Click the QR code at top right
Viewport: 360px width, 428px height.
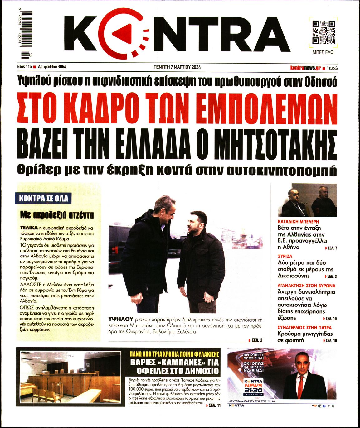pyautogui.click(x=324, y=32)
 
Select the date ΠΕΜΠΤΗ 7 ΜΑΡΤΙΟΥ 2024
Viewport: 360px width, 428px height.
pyautogui.click(x=177, y=67)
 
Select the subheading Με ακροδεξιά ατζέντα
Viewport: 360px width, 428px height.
pyautogui.click(x=57, y=215)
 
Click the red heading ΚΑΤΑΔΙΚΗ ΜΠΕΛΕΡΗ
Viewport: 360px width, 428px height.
pyautogui.click(x=298, y=222)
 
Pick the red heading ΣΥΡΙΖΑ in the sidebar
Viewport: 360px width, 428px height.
pyautogui.click(x=285, y=256)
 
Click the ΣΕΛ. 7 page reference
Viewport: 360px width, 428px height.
pyautogui.click(x=331, y=248)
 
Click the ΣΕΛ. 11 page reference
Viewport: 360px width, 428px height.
pyautogui.click(x=214, y=405)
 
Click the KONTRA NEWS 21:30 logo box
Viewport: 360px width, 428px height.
pyautogui.click(x=253, y=387)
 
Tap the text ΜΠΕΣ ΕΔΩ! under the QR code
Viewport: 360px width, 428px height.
pyautogui.click(x=324, y=53)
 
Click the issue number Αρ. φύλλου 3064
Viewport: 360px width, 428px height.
pyautogui.click(x=52, y=67)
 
